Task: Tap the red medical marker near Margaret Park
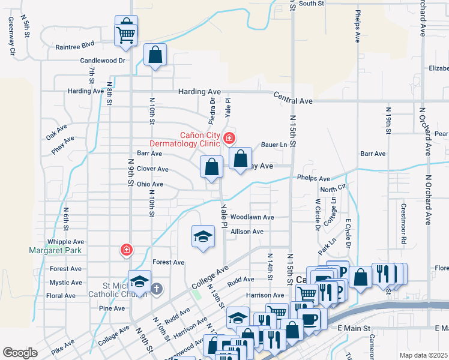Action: pyautogui.click(x=127, y=249)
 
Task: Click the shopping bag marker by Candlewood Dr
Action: pyautogui.click(x=155, y=55)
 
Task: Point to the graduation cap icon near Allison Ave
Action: pyautogui.click(x=203, y=236)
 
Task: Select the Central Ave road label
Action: pyautogui.click(x=293, y=97)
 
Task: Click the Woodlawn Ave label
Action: pyautogui.click(x=252, y=217)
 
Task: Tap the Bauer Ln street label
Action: pyautogui.click(x=275, y=145)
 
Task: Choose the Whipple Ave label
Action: pyautogui.click(x=67, y=242)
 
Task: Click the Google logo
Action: pyautogui.click(x=20, y=353)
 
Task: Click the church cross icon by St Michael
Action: pyautogui.click(x=156, y=289)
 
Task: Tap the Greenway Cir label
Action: pyautogui.click(x=11, y=35)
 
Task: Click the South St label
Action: pyautogui.click(x=312, y=4)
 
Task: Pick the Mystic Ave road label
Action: pyautogui.click(x=65, y=283)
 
